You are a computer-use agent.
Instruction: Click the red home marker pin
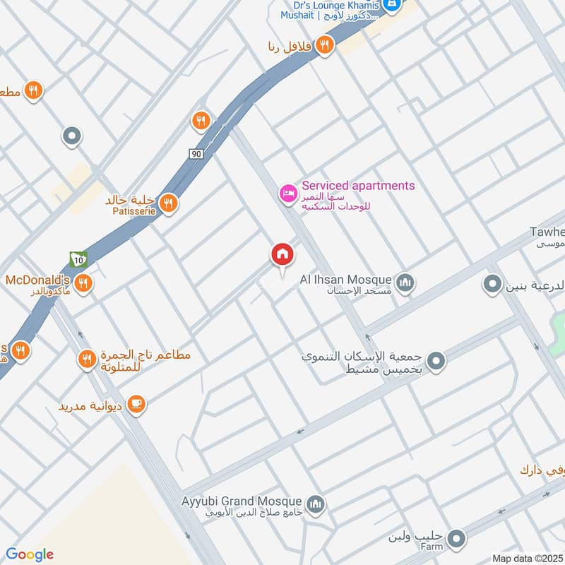[282, 254]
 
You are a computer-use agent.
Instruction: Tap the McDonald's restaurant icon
[83, 283]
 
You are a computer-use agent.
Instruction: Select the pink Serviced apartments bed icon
[287, 193]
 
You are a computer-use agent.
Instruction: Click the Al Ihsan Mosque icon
[405, 283]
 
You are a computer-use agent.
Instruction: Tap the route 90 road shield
[196, 153]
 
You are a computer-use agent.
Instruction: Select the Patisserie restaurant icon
[167, 204]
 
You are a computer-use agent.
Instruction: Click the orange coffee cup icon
[136, 403]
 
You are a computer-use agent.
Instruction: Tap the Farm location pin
[457, 538]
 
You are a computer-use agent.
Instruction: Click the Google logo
[30, 554]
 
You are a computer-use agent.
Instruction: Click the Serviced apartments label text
[358, 186]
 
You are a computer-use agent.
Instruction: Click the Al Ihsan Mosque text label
[345, 279]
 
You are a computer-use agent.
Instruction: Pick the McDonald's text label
[38, 278]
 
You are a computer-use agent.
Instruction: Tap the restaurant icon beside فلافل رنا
[324, 44]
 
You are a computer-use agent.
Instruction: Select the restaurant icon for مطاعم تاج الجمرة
[87, 359]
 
